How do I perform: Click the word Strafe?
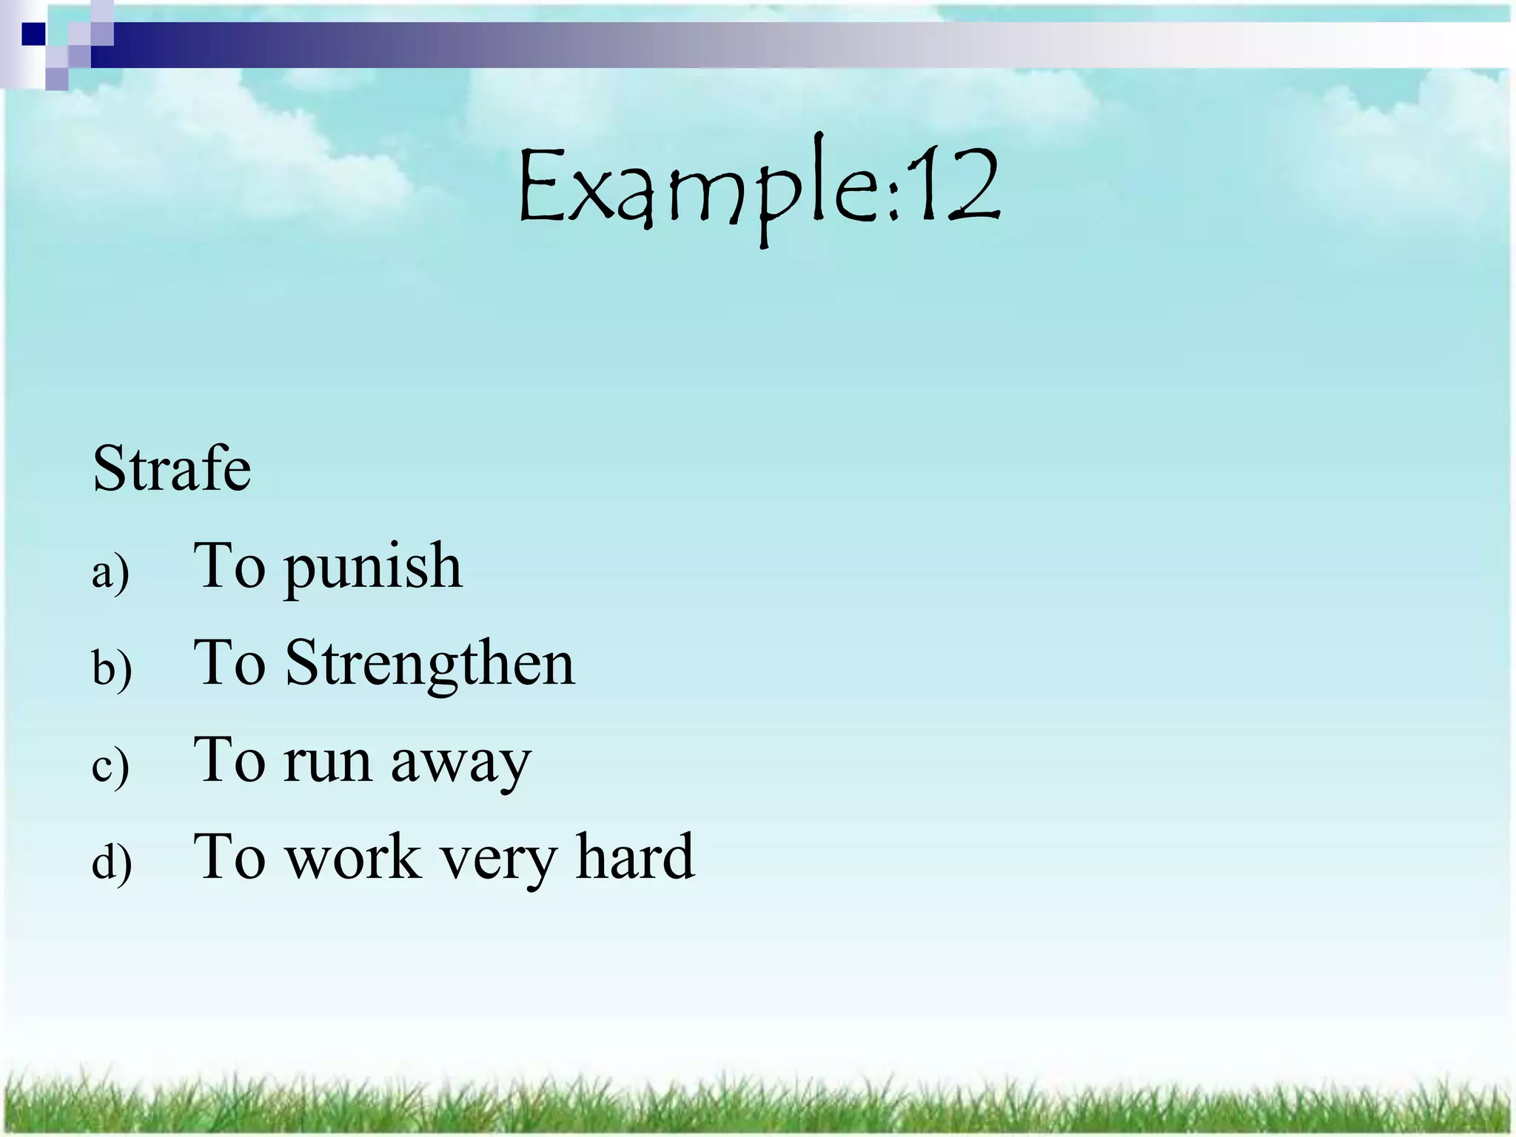[172, 469]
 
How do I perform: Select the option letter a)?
[110, 572]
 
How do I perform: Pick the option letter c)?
[110, 765]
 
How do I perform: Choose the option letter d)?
[112, 862]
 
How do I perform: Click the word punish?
[374, 568]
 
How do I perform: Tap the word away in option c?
[460, 762]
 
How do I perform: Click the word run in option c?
[326, 762]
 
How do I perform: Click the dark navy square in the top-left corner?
[33, 34]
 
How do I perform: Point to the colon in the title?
[893, 197]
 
